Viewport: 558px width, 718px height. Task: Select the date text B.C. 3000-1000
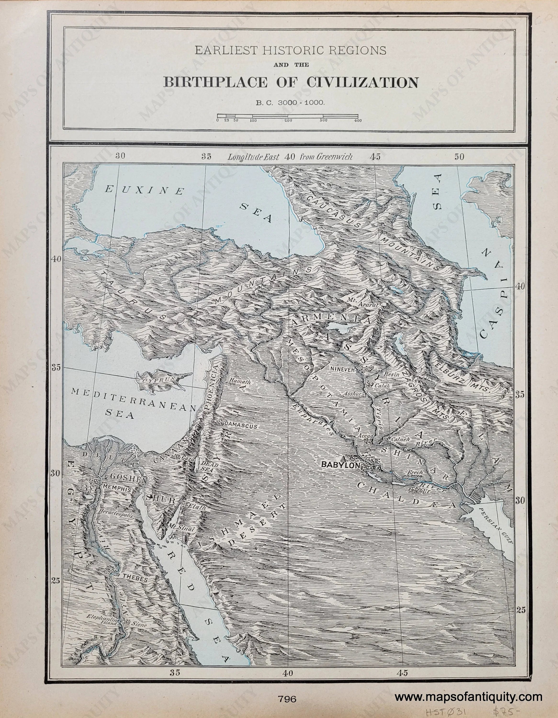(x=291, y=103)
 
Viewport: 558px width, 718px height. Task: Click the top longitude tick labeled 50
(x=459, y=157)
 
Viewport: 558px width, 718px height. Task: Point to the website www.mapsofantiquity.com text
(x=468, y=695)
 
